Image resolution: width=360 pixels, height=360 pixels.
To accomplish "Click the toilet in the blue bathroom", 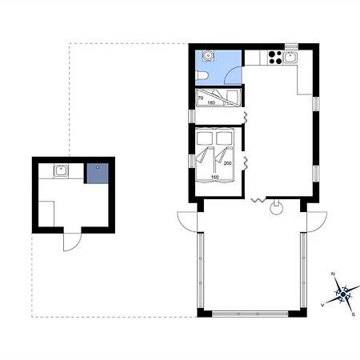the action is coord(202,76).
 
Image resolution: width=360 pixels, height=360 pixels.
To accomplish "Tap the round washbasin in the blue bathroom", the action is coord(207,55).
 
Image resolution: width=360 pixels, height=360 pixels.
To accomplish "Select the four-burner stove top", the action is coord(275,58).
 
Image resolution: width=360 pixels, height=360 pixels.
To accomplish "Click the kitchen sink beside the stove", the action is coord(290,58).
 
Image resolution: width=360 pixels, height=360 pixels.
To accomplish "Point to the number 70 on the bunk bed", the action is coord(201,98).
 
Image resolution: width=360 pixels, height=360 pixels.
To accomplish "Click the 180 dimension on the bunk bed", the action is coord(211,102).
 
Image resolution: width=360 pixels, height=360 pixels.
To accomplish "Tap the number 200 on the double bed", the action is coord(227,163).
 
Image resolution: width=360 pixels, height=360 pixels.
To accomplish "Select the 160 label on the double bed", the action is coord(214,177).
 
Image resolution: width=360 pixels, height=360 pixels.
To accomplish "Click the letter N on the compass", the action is coord(333,274).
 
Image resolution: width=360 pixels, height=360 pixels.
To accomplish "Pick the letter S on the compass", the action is coord(354,314).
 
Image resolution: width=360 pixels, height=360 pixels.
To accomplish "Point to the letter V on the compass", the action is coord(322,305).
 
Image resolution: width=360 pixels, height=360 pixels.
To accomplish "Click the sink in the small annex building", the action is coord(61,170).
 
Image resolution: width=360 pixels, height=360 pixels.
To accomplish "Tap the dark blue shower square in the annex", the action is coord(98,174).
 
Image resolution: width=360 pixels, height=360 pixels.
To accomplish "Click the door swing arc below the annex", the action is coord(76,246).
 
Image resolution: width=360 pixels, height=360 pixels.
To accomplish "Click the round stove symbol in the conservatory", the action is coord(276,209).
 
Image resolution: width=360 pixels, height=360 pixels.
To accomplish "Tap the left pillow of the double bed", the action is coord(205,138).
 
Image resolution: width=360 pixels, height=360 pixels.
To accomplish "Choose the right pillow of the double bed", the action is coord(224,138).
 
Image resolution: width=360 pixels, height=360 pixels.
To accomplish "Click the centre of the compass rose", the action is coord(343,294).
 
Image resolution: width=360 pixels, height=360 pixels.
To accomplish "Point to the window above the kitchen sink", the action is coord(291,46).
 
